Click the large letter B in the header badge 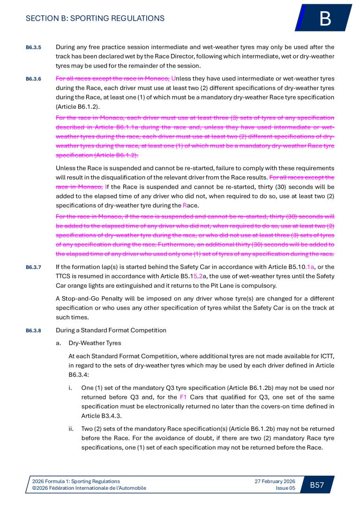(325, 19)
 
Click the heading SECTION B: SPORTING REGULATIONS (95, 18)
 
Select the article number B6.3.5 (33, 47)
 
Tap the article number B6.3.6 (33, 79)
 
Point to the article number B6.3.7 (33, 268)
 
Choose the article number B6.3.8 (33, 330)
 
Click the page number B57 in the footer (317, 485)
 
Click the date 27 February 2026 (275, 481)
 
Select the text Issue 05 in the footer (285, 488)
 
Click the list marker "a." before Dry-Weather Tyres (59, 343)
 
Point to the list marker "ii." (71, 428)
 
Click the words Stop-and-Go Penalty (92, 299)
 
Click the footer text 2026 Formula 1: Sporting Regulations (75, 481)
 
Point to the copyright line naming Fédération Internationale (89, 488)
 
